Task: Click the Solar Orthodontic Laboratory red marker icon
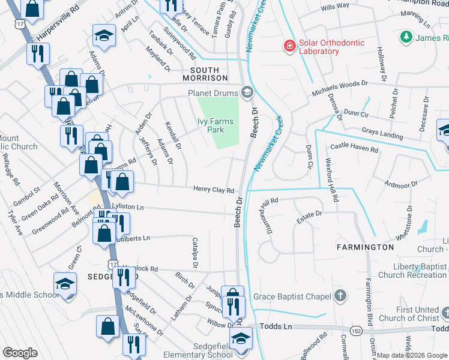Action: point(289,46)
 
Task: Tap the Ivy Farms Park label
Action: point(214,125)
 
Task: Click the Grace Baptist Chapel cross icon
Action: point(340,296)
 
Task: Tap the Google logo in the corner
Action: point(20,353)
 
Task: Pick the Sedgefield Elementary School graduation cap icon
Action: point(242,338)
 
